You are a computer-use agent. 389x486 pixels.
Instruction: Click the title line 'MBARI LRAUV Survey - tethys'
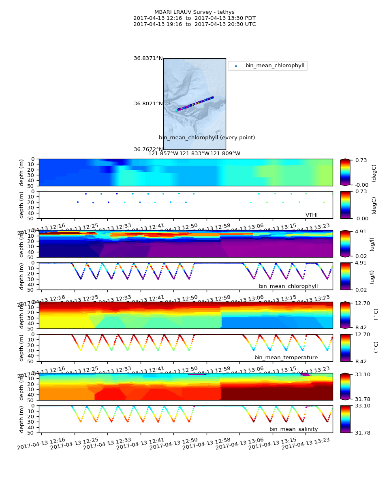click(x=194, y=12)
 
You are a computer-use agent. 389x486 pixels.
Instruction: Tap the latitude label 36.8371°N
click(x=148, y=58)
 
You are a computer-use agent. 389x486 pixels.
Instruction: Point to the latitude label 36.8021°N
click(x=148, y=104)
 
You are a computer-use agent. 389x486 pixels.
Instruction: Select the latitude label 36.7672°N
click(x=148, y=149)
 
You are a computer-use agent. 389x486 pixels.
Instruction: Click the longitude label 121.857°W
click(x=163, y=153)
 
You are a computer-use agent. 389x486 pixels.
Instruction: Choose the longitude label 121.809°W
click(x=225, y=153)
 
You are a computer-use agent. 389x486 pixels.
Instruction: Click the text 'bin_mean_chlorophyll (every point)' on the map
click(x=207, y=138)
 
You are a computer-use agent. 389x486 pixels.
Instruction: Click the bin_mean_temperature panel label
click(x=286, y=358)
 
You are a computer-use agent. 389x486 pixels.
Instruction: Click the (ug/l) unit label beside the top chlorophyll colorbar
click(x=372, y=243)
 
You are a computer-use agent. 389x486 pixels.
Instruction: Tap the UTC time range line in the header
click(x=194, y=24)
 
